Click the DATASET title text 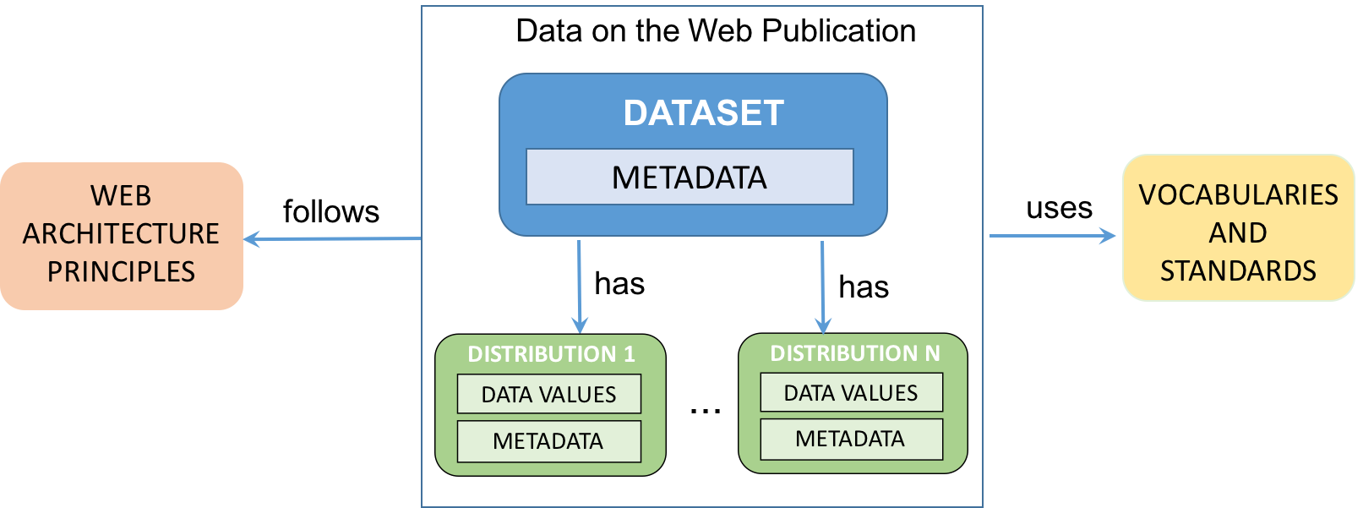(703, 113)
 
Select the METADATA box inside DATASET (690, 178)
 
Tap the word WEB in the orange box (121, 196)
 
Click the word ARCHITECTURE (121, 234)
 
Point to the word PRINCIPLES (121, 272)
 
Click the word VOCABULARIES (1238, 195)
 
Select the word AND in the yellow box (1238, 233)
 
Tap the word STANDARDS (1238, 271)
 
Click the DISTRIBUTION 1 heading (551, 354)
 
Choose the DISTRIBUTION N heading (854, 353)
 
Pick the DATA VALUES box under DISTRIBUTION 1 (549, 395)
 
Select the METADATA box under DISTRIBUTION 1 (549, 441)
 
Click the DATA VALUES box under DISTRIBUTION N (851, 393)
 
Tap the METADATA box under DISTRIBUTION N (851, 440)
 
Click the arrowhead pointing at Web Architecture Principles (251, 239)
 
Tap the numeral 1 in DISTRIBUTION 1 (629, 354)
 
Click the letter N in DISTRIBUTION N (932, 353)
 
